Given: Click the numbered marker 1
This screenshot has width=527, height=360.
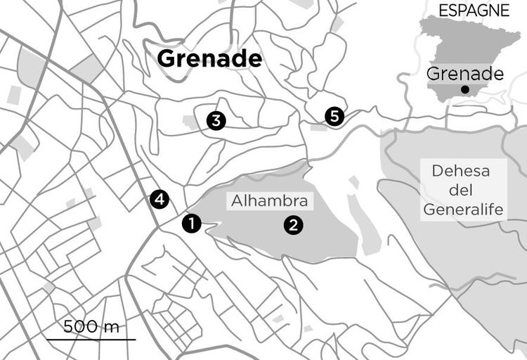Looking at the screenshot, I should coord(191,224).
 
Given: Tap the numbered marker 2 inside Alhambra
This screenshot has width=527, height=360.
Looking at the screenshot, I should coord(292,225).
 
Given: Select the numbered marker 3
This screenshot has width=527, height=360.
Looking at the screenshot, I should coord(216,121).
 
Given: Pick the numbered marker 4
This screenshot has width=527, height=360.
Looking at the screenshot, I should coord(160,200).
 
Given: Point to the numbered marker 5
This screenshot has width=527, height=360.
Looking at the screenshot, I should coord(334,116).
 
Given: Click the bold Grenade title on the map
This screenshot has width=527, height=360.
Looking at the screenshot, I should coord(209,59).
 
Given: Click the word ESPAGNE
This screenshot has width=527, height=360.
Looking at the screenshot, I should coord(473,10).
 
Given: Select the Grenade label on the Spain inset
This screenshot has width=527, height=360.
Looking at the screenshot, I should coord(465,74).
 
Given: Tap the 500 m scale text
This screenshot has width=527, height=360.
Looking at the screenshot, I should coord(91,327).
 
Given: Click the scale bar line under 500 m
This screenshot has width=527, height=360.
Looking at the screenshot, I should coord(91,340).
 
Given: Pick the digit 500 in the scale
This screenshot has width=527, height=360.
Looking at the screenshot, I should coord(79,327).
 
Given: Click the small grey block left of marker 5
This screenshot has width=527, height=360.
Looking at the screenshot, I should coord(318,127).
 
